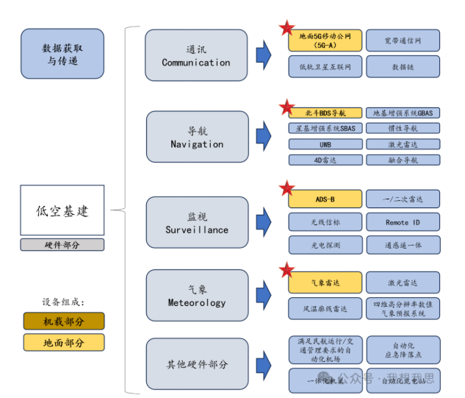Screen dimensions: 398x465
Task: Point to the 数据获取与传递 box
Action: tap(62, 54)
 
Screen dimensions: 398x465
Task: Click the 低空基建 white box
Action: tap(62, 211)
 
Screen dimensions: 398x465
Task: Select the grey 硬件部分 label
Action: tap(62, 245)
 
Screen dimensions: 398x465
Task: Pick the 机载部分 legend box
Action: tap(64, 321)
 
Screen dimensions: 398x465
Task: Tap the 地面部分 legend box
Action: tap(64, 342)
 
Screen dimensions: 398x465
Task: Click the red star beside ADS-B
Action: tap(286, 188)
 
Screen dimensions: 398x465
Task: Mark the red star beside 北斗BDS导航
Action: tap(286, 108)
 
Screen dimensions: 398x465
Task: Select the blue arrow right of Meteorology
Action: tap(264, 295)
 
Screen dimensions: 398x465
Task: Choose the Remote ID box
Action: tap(403, 222)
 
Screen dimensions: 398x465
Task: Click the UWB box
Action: tap(325, 144)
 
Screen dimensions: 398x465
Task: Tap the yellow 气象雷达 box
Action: tap(325, 282)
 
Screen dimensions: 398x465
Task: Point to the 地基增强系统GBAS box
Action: tap(403, 113)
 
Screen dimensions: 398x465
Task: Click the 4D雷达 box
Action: tap(325, 160)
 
